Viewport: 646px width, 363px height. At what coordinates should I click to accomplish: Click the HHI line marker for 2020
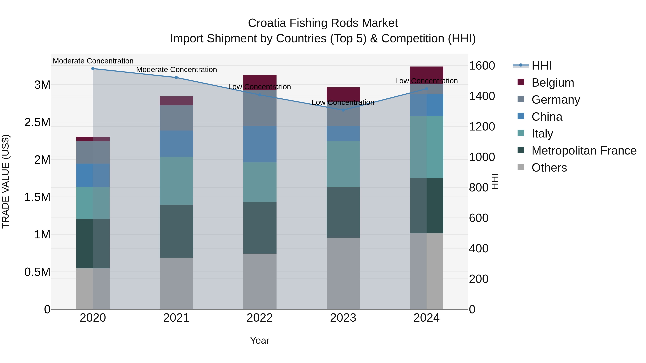(93, 68)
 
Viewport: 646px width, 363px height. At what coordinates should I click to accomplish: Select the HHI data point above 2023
(343, 110)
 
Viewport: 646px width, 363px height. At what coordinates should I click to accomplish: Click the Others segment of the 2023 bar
(343, 273)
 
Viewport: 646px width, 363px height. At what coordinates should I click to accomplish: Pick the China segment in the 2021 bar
(176, 144)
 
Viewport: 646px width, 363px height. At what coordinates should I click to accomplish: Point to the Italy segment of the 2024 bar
(426, 147)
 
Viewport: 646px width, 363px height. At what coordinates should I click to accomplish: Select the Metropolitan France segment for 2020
(93, 243)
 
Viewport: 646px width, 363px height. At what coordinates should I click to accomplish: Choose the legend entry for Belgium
(553, 83)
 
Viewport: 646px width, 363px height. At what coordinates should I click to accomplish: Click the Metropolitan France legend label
(584, 151)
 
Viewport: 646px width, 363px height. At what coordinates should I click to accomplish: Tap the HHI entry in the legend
(541, 66)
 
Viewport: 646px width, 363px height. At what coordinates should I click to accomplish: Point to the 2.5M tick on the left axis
(37, 122)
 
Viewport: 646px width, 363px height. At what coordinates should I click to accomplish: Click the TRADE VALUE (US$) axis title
(6, 181)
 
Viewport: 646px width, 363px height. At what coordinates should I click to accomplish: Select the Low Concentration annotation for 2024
(426, 81)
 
